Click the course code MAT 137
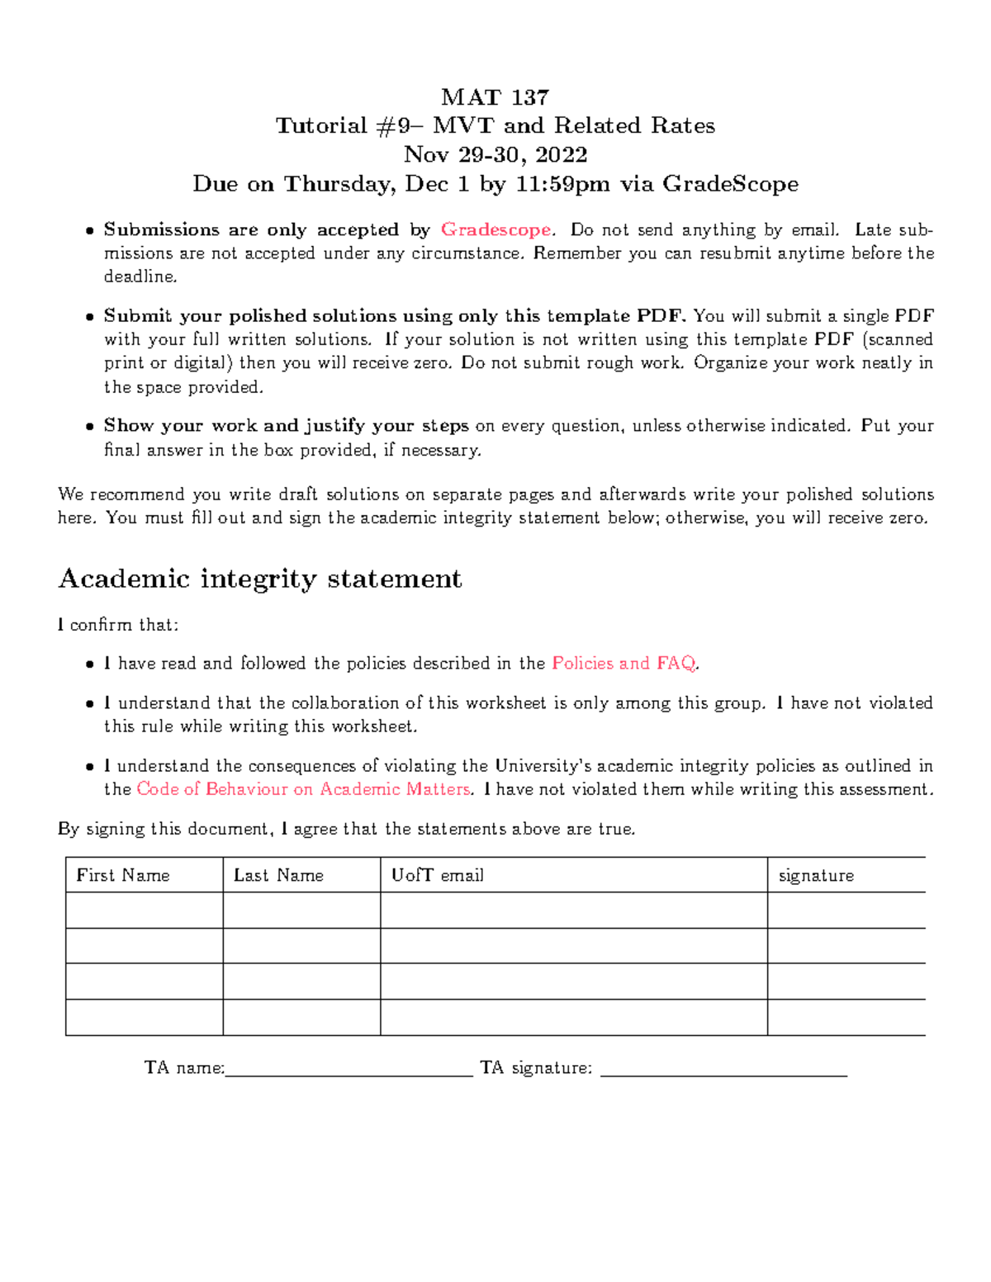[x=495, y=97]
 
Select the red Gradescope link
[x=495, y=229]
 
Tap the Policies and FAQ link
[x=624, y=663]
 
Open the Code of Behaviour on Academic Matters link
[x=303, y=789]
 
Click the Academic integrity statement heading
[x=259, y=579]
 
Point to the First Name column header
[x=123, y=875]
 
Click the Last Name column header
[x=278, y=875]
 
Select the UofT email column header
[x=437, y=875]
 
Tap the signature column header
[x=816, y=875]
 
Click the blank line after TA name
[x=348, y=1071]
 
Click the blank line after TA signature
[x=723, y=1071]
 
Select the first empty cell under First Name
[x=144, y=911]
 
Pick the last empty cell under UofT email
[x=573, y=1018]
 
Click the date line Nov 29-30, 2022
[x=495, y=154]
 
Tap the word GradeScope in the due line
[x=730, y=183]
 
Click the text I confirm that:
[x=118, y=625]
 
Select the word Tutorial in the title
[x=320, y=125]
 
